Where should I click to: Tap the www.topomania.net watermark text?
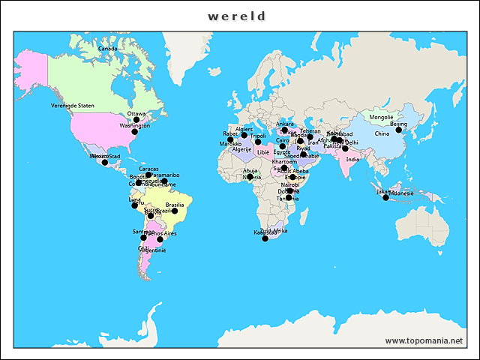[x=423, y=340]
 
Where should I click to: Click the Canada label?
[x=108, y=49]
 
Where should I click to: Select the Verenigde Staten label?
[x=73, y=106]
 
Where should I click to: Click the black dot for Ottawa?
[x=136, y=120]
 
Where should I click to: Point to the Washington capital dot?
[x=135, y=132]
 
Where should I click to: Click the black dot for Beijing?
[x=399, y=130]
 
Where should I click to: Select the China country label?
[x=382, y=133]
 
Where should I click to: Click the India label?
[x=352, y=159]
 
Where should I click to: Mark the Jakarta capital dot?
[x=385, y=197]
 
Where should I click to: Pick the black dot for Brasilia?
[x=175, y=211]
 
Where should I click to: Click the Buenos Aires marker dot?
[x=160, y=240]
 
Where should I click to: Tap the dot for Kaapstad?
[x=265, y=238]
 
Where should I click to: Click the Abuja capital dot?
[x=250, y=177]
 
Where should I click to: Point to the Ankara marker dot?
[x=284, y=130]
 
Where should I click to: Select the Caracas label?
[x=148, y=169]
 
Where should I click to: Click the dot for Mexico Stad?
[x=105, y=162]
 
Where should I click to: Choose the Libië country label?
[x=262, y=151]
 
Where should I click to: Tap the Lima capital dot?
[x=135, y=205]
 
